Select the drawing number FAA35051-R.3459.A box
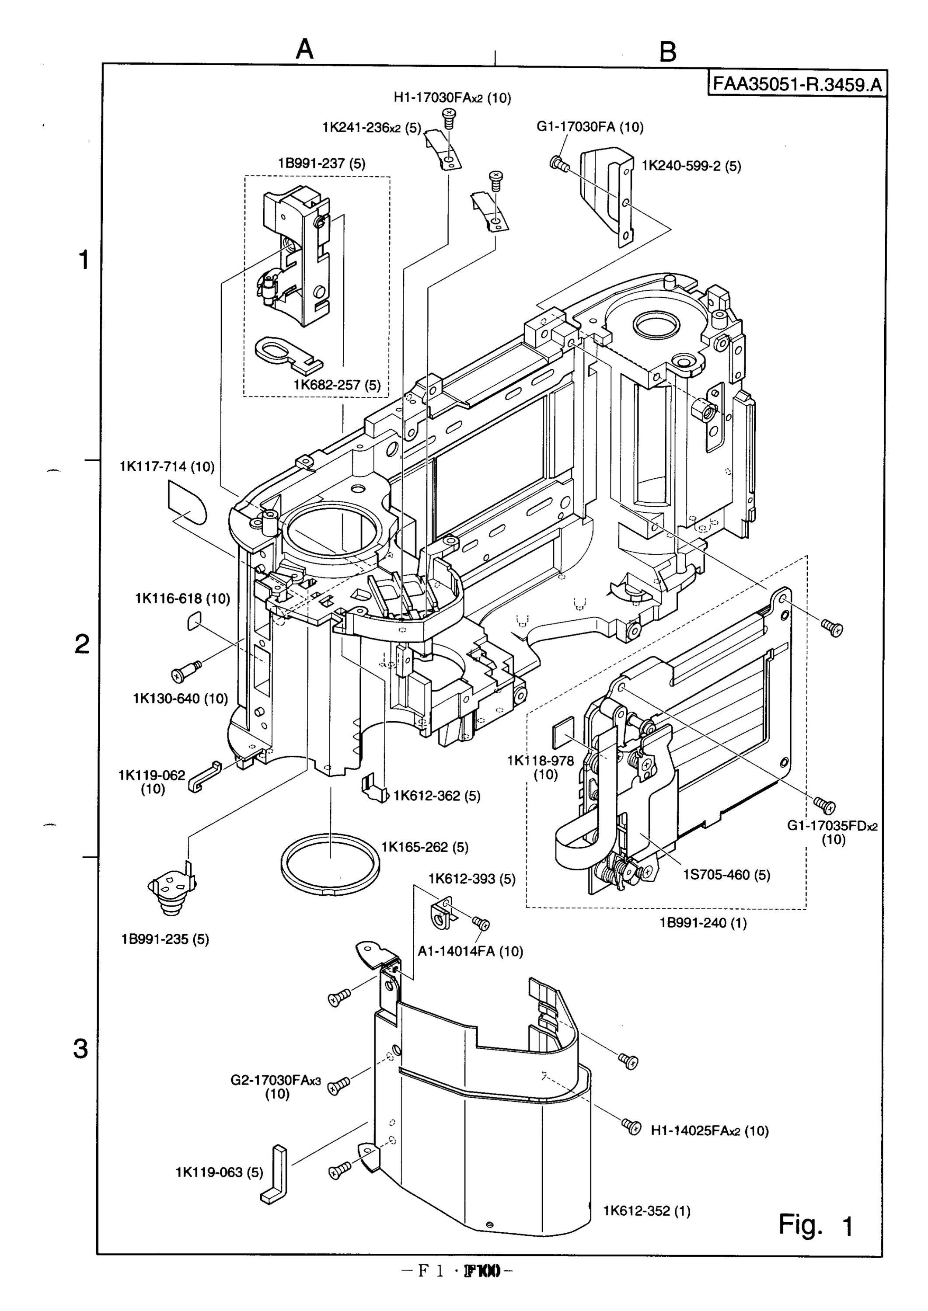click(x=797, y=84)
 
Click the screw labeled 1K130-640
click(x=186, y=670)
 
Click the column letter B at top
click(x=667, y=52)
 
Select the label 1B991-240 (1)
click(x=703, y=922)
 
